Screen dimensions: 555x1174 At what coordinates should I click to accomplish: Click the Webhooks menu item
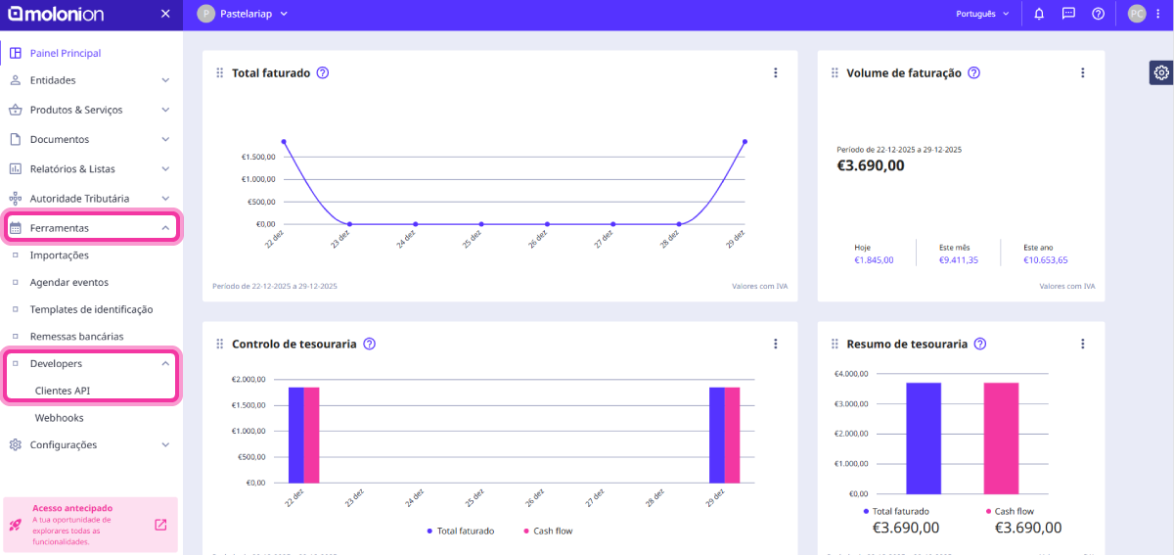point(59,418)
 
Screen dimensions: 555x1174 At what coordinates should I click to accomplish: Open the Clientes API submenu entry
point(63,391)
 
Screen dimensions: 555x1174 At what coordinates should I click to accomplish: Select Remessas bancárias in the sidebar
point(76,336)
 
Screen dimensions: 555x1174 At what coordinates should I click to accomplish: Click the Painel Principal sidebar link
point(65,53)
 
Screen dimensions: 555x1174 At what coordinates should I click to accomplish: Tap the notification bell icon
point(1039,14)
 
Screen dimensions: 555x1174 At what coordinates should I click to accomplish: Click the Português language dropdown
point(982,14)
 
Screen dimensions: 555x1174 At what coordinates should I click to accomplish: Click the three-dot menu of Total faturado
point(775,72)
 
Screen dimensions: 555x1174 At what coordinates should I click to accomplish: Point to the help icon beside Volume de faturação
point(973,72)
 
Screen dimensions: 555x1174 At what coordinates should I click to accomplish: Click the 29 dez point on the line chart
point(745,142)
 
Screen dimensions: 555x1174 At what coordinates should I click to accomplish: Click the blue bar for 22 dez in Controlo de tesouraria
point(295,435)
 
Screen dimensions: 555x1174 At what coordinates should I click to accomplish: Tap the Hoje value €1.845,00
point(874,260)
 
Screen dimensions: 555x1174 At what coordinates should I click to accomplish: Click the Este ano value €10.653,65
point(1045,260)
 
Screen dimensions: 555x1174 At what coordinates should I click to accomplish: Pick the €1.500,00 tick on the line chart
point(258,158)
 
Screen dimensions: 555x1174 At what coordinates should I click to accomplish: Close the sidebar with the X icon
point(165,14)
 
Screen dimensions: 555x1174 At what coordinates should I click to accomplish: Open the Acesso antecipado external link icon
point(160,525)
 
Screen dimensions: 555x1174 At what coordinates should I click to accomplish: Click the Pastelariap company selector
point(243,14)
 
